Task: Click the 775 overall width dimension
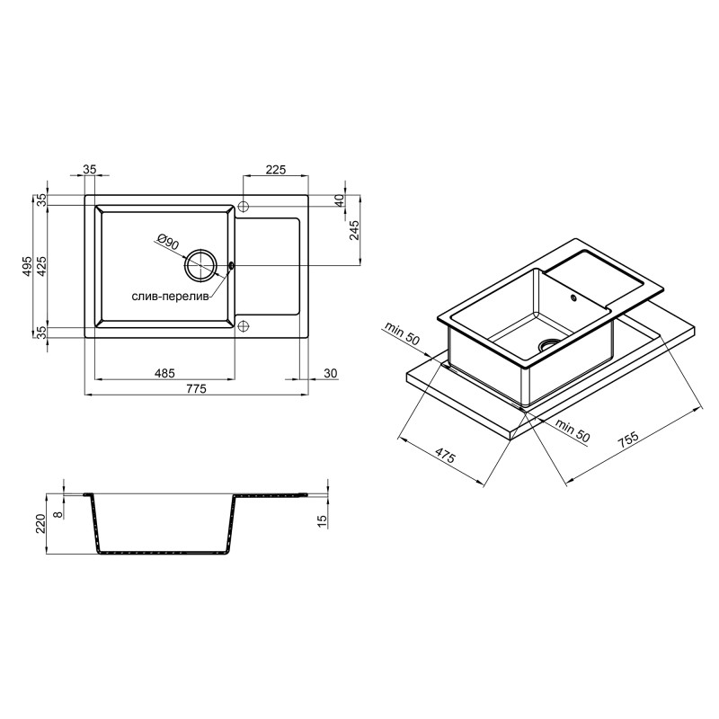point(196,389)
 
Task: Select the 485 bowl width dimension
point(164,373)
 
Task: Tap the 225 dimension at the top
point(276,170)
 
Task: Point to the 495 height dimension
point(27,266)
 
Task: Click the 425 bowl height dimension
point(41,266)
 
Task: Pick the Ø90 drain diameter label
point(168,242)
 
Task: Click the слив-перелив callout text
point(170,297)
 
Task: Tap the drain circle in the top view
point(200,264)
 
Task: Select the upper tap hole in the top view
point(244,206)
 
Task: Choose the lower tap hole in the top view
point(244,326)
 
